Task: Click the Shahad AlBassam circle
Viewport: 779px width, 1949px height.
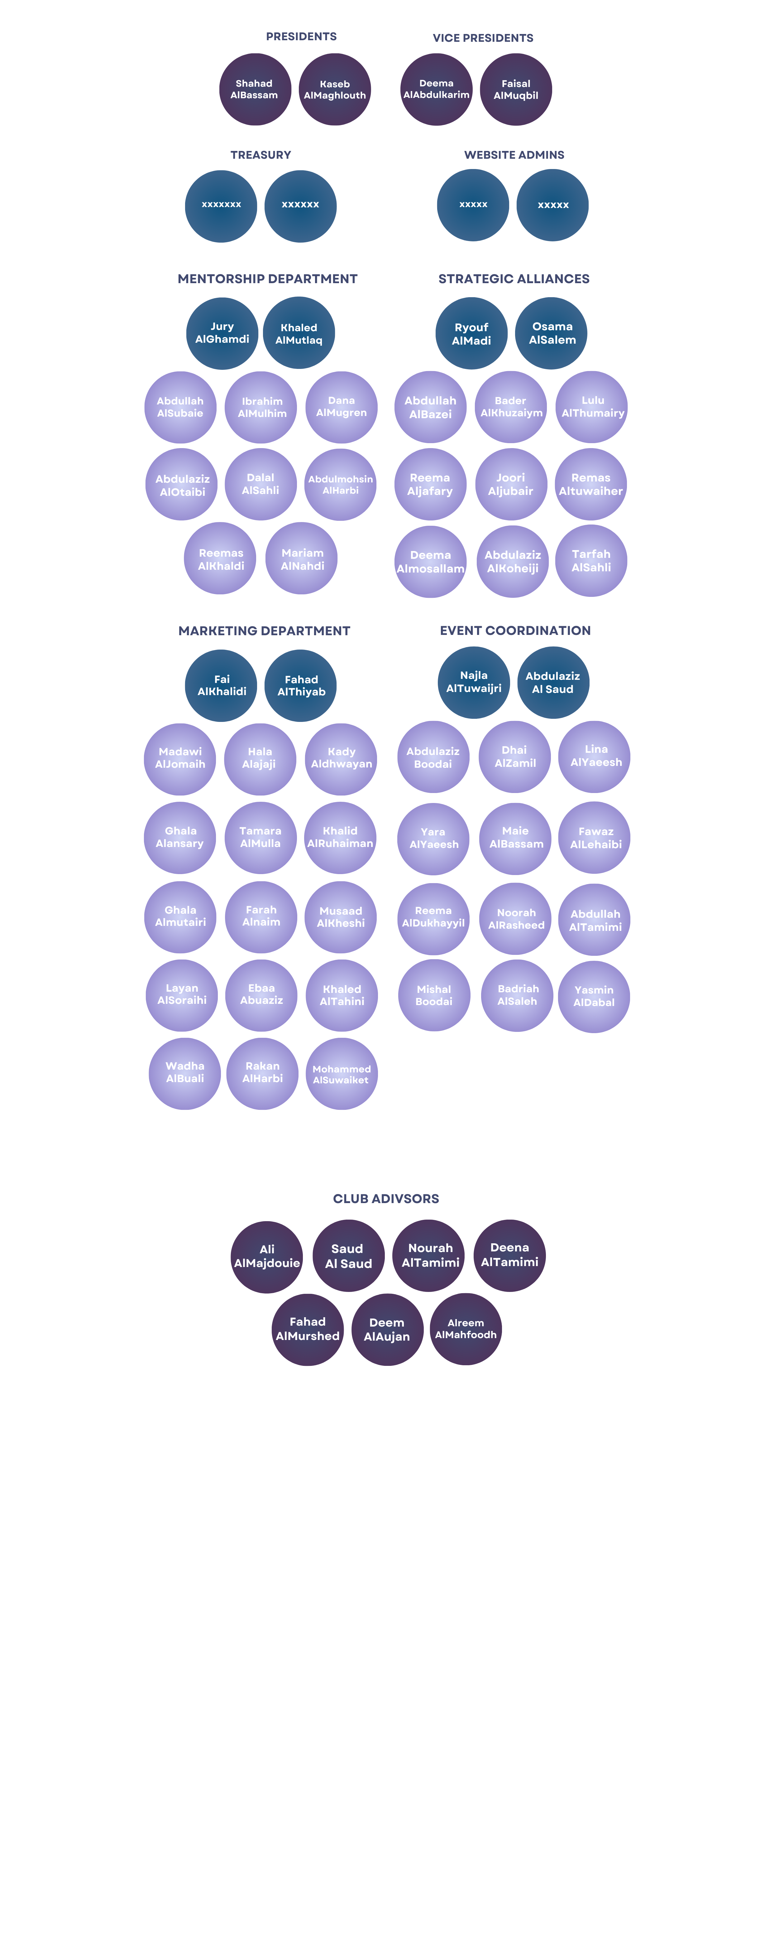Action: coord(255,89)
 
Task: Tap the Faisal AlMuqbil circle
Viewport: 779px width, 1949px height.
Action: coord(516,89)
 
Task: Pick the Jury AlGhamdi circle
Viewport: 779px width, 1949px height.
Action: coord(222,333)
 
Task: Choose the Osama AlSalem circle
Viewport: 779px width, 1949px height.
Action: coord(551,333)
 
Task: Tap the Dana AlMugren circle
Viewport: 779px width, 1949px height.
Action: coord(341,407)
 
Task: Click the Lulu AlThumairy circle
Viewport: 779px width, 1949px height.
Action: coord(592,407)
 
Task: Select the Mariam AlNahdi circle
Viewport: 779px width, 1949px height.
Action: coord(302,559)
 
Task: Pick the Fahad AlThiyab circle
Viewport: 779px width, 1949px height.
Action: coord(301,685)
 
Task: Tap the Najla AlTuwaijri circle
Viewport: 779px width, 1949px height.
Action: coord(474,682)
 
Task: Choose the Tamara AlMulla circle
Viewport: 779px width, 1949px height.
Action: coord(260,838)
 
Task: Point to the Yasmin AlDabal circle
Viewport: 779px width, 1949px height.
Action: coord(594,996)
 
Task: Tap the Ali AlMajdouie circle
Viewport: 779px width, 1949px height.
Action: coord(267,1257)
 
